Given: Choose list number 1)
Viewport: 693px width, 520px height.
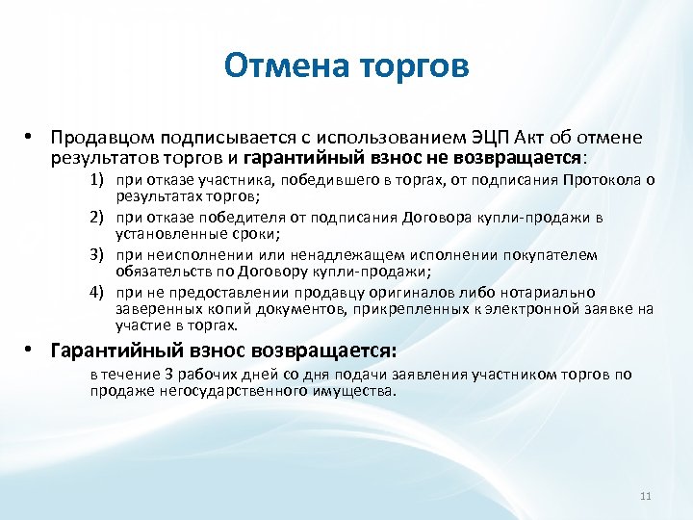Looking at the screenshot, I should [x=99, y=180].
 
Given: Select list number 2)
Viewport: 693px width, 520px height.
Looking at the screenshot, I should [x=99, y=218].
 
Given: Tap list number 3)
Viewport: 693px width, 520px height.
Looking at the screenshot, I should [x=99, y=255].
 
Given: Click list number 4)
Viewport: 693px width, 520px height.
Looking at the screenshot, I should [x=99, y=292].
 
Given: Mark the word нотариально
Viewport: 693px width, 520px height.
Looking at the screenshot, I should [x=548, y=292].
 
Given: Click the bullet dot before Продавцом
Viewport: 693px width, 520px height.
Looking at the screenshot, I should [x=31, y=136].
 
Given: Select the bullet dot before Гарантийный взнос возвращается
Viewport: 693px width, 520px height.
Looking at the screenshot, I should [x=31, y=350].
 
